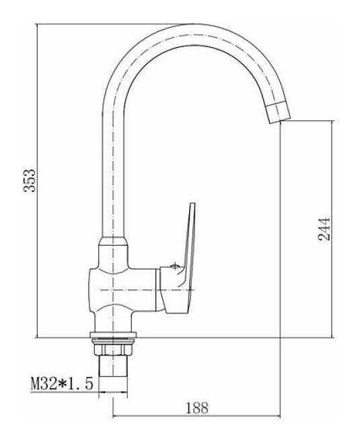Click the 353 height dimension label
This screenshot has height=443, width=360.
point(30,180)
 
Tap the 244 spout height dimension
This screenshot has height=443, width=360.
point(324,229)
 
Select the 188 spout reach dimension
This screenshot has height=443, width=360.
point(196,408)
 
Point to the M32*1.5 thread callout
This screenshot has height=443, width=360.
point(61,384)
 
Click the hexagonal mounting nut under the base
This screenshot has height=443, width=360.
point(112,349)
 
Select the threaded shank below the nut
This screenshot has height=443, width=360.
point(112,366)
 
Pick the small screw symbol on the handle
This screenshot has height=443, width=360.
point(175,266)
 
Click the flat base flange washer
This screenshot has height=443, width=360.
point(113,335)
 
